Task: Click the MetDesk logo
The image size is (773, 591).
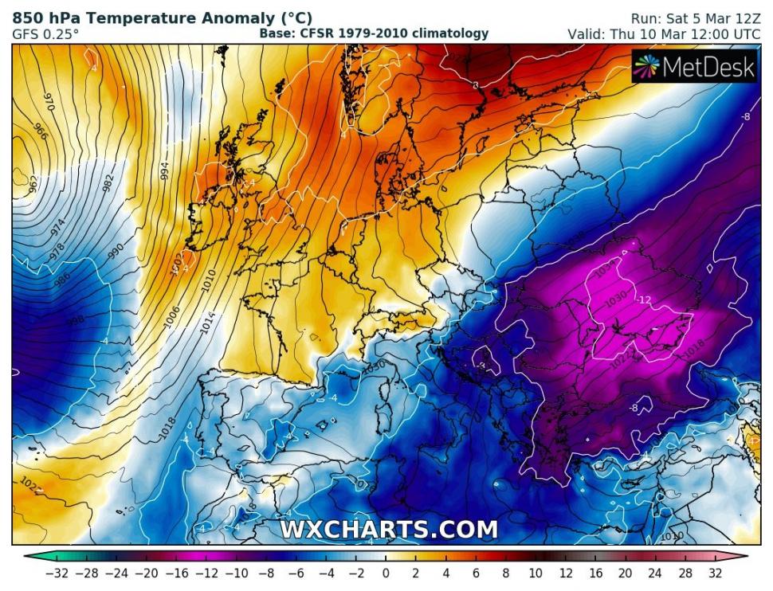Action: coord(694,68)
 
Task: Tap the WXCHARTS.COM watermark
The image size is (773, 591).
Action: coord(388,530)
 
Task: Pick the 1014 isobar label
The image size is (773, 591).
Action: coord(209,322)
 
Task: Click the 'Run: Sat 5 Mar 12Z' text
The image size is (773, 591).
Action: coord(695,18)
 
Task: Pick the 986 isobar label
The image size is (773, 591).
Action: coord(61,279)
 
